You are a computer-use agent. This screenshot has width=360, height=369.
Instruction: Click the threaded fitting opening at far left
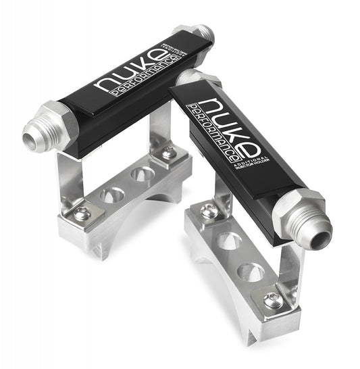(x=32, y=140)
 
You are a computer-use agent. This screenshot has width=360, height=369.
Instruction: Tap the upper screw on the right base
(x=210, y=212)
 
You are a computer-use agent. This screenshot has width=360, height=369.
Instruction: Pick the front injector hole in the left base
(x=112, y=195)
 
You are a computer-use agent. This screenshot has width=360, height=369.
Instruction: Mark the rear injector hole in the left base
(x=143, y=174)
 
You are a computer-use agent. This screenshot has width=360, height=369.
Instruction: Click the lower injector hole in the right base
(x=251, y=272)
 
